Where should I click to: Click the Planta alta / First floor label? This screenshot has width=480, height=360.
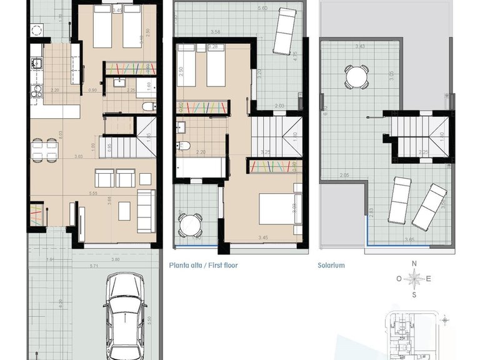203,265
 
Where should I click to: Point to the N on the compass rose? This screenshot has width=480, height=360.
414,264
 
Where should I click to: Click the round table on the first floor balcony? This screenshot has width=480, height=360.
189,224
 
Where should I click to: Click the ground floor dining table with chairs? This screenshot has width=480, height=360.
44,149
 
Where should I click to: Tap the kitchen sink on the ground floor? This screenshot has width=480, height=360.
36,62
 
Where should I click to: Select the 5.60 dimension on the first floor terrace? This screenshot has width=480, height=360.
262,7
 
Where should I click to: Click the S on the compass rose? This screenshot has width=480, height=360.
414,294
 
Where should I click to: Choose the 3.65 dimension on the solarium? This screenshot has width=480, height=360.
409,239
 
